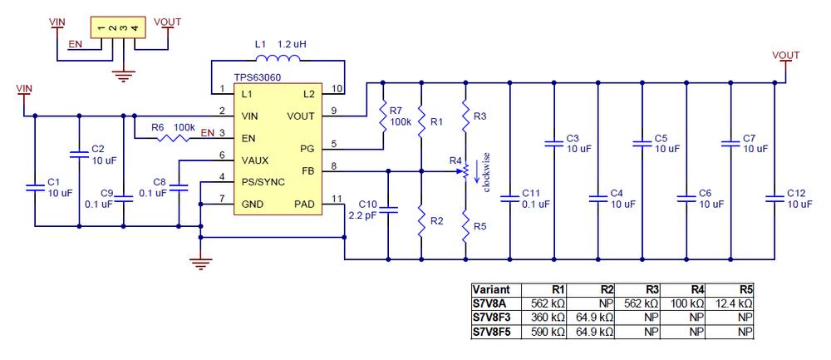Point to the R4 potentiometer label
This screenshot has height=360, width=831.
[x=455, y=160]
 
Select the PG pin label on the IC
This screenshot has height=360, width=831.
[x=306, y=148]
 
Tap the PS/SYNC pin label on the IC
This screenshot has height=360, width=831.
[x=263, y=180]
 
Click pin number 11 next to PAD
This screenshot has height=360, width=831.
[x=336, y=199]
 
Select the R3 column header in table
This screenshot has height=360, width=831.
[x=648, y=291]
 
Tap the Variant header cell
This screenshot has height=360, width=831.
[x=491, y=291]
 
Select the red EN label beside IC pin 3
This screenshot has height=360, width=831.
[x=207, y=132]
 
